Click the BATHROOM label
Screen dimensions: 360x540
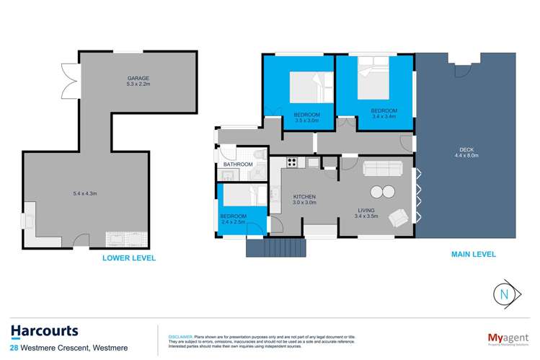[238, 164]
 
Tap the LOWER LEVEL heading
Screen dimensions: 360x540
[129, 258]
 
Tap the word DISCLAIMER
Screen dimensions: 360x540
[180, 336]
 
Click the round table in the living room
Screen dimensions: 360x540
[383, 192]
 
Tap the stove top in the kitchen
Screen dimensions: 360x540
[293, 161]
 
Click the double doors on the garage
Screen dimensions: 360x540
[70, 81]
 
